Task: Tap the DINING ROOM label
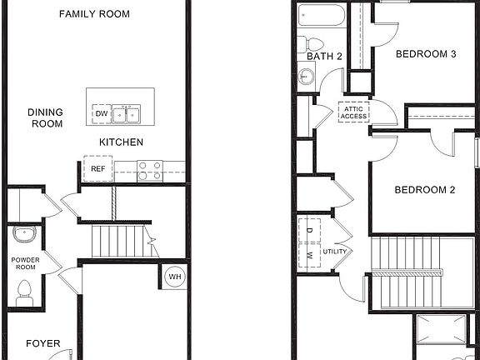[47, 117]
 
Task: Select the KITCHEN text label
[122, 142]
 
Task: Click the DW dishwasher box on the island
[101, 113]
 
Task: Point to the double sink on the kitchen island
[127, 112]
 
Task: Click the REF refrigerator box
[97, 168]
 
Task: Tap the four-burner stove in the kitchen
[149, 170]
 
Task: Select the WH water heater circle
[175, 277]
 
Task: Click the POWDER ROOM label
[25, 263]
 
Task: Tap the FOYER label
[42, 342]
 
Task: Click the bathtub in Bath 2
[320, 16]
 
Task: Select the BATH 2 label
[323, 57]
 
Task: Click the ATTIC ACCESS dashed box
[353, 112]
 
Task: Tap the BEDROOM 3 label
[425, 55]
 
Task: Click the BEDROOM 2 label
[424, 190]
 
